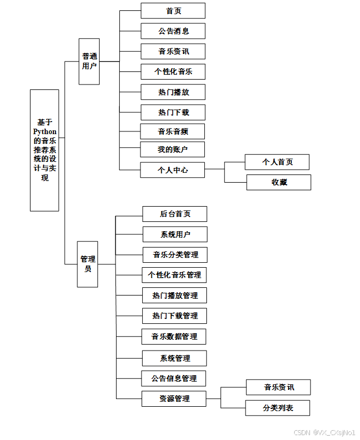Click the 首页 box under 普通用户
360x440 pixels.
click(173, 11)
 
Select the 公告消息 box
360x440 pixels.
click(173, 31)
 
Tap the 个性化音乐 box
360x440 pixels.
click(173, 71)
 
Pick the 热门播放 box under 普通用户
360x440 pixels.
click(173, 92)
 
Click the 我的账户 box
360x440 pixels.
click(173, 149)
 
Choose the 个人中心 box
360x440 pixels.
click(173, 170)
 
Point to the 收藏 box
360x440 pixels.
click(279, 182)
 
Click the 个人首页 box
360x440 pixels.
click(277, 162)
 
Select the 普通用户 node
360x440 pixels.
click(89, 61)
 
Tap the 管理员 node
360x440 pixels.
click(88, 264)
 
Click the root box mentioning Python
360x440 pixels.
click(45, 150)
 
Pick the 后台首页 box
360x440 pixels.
click(175, 214)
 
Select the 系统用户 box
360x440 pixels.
click(175, 234)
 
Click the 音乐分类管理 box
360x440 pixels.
click(175, 255)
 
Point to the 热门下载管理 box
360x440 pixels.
click(175, 316)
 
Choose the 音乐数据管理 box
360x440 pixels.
click(174, 336)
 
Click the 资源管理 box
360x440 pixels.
click(174, 399)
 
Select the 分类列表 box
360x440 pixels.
click(278, 408)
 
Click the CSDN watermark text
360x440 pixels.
click(324, 432)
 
